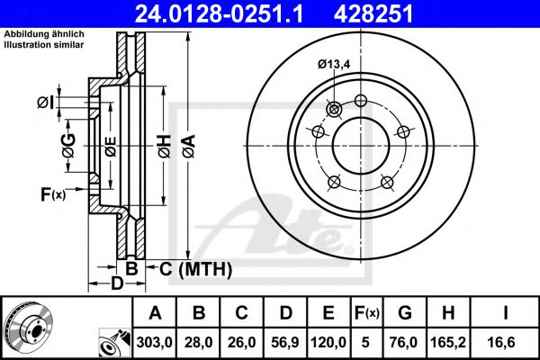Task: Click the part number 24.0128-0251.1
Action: click(231, 14)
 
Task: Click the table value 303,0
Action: click(156, 341)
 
